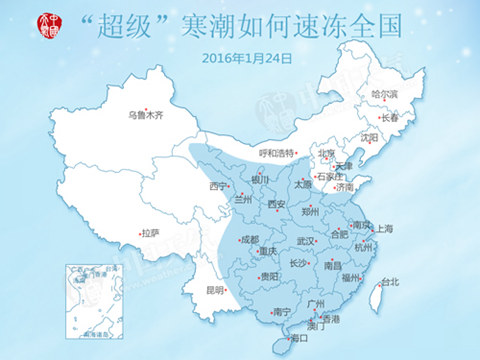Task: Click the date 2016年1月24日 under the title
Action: [x=247, y=58]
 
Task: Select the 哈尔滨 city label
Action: [x=385, y=94]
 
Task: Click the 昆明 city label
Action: [x=214, y=290]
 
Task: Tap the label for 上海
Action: [x=385, y=229]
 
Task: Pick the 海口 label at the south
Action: [x=298, y=339]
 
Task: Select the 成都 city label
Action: [x=249, y=240]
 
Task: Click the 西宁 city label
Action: [x=218, y=187]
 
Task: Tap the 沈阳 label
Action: [x=369, y=138]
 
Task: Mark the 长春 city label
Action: [x=389, y=118]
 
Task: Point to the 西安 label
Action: [x=277, y=204]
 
